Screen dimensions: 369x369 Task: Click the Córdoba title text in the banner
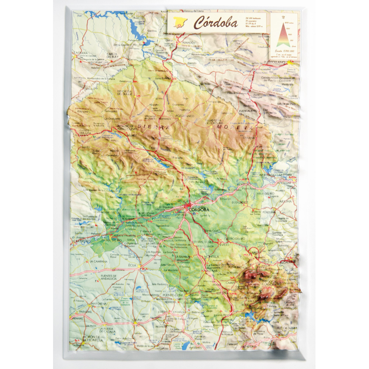click(216, 22)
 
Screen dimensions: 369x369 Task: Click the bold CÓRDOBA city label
click(198, 209)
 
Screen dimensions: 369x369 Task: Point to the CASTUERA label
click(82, 53)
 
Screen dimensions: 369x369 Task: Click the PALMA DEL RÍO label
click(110, 240)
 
